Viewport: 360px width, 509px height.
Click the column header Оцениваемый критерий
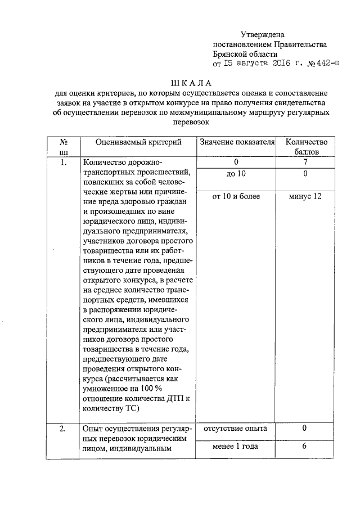pos(138,142)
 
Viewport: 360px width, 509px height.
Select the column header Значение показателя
pos(236,142)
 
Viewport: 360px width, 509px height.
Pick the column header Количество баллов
pos(304,147)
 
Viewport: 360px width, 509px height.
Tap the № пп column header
pos(64,147)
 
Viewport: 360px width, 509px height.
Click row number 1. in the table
pos(64,163)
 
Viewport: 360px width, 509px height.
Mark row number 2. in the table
pos(64,429)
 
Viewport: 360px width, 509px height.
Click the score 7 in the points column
pos(304,163)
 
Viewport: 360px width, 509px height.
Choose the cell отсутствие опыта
pos(236,429)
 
